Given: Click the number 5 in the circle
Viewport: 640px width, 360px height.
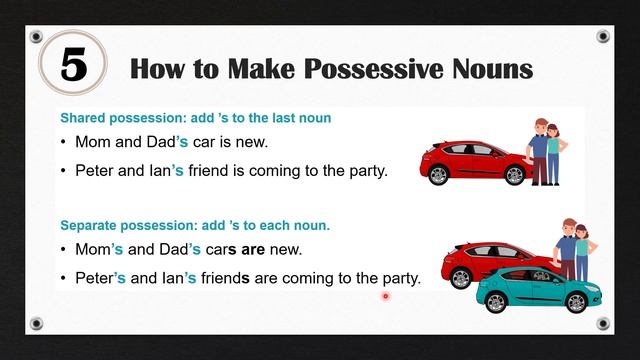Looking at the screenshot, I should pyautogui.click(x=75, y=67).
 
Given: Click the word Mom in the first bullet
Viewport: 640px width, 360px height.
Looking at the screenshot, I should pyautogui.click(x=93, y=143).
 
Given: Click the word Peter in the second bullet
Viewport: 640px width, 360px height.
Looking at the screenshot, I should pyautogui.click(x=96, y=170).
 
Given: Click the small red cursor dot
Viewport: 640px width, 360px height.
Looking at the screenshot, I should pyautogui.click(x=385, y=296).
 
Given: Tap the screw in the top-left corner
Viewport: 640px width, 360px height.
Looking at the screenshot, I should pyautogui.click(x=37, y=37).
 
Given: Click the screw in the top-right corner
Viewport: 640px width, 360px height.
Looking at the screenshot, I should pyautogui.click(x=603, y=37).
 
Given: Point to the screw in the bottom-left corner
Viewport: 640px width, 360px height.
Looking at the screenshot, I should pyautogui.click(x=37, y=323).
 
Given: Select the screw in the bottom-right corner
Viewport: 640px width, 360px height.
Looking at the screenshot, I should pyautogui.click(x=603, y=323).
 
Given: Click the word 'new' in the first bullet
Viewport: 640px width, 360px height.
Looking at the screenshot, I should pyautogui.click(x=252, y=143).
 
